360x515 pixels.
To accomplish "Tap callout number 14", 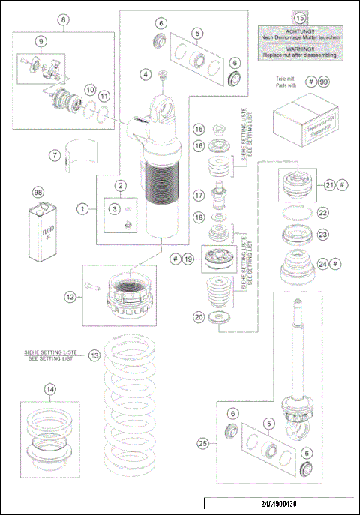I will coord(49,390).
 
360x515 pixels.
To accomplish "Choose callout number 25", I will coord(202,444).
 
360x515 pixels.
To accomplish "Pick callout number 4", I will coord(147,73).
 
